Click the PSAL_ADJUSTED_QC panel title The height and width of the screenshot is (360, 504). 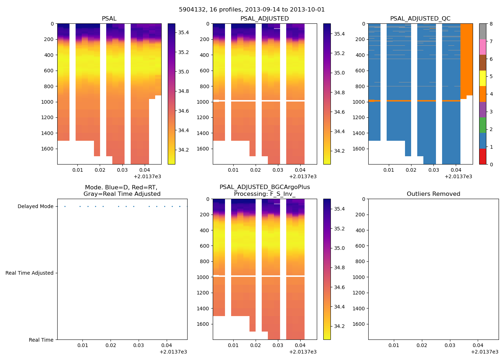pos(420,18)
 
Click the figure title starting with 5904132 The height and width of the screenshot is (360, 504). pos(252,10)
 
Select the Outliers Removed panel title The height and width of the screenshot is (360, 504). pos(433,194)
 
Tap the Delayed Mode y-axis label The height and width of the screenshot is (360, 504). pos(35,206)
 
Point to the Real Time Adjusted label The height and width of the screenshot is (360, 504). pos(29,273)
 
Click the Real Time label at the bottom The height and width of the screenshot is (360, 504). pos(41,340)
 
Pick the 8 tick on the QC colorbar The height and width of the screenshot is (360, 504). pos(491,24)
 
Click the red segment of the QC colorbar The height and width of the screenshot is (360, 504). pos(482,157)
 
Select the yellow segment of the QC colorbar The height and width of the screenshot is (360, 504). pos(482,78)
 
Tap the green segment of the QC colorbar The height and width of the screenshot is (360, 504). pos(482,125)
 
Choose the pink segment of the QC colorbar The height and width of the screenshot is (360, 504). pos(482,47)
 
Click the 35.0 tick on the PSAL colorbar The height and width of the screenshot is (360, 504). pos(184,72)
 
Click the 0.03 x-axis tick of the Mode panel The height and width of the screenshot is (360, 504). pos(139,345)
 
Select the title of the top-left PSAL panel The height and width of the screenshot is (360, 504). pos(109,18)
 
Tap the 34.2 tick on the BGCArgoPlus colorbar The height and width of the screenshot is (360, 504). pos(339,326)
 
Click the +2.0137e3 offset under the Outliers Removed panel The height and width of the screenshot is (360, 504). pos(485,352)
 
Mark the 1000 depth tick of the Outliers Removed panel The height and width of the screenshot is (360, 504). pos(360,277)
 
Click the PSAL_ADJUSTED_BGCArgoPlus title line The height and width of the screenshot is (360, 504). pos(265,187)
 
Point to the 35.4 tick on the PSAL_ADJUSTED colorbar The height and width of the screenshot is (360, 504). pos(339,34)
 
